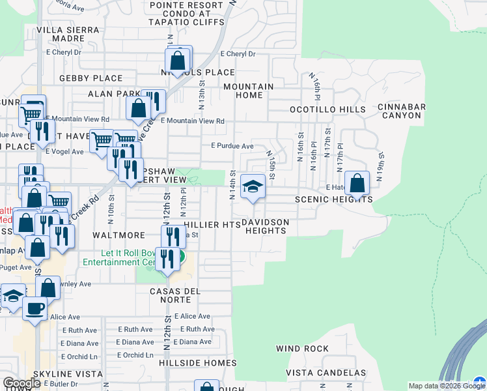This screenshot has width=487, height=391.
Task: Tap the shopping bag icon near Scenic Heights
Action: pyautogui.click(x=357, y=184)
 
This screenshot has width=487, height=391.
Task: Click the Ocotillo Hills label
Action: pyautogui.click(x=327, y=109)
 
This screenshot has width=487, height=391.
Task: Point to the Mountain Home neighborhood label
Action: pyautogui.click(x=248, y=91)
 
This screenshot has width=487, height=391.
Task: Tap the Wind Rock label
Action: pyautogui.click(x=302, y=349)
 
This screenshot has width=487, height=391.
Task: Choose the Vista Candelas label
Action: pyautogui.click(x=326, y=373)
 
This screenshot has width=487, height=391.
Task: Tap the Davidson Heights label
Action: pyautogui.click(x=265, y=226)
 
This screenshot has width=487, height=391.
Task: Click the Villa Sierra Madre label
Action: pyautogui.click(x=68, y=34)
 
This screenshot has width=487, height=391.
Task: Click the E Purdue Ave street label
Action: pyautogui.click(x=232, y=146)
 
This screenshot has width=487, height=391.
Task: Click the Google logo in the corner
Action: pyautogui.click(x=21, y=383)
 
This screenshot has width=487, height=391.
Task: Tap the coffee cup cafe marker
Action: pyautogui.click(x=35, y=308)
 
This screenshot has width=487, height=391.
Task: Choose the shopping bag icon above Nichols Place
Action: pyautogui.click(x=178, y=61)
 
